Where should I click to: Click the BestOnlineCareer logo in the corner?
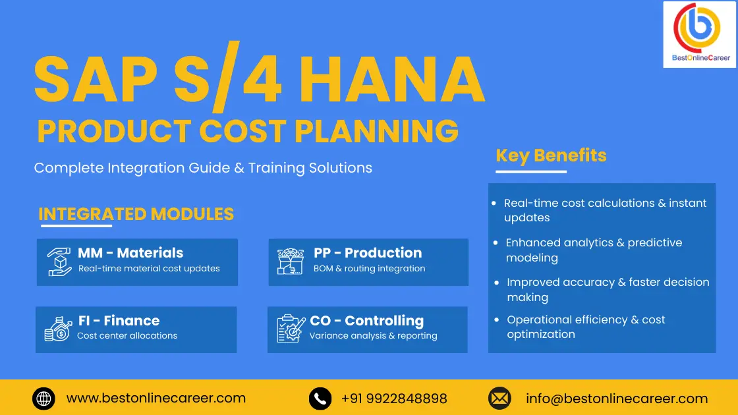click(x=700, y=34)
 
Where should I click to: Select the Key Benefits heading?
click(x=551, y=155)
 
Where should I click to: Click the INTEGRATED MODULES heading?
click(x=136, y=214)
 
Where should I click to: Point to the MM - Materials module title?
click(x=130, y=253)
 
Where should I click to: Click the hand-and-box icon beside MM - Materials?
click(x=59, y=262)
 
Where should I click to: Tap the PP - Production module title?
click(x=368, y=253)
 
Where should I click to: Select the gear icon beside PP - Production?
click(x=291, y=262)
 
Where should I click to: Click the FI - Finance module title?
click(x=119, y=321)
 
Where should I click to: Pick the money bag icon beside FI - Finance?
click(x=58, y=329)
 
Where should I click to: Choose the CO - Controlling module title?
click(x=366, y=321)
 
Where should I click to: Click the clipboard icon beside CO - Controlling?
click(x=291, y=329)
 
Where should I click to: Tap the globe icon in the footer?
click(x=43, y=399)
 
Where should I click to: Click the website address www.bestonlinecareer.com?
click(x=156, y=399)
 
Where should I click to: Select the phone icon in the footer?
click(x=320, y=399)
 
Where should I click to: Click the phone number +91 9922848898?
click(x=394, y=399)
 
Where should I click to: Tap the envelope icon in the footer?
click(x=499, y=399)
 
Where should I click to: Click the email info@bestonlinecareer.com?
click(x=617, y=399)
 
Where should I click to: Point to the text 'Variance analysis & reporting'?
click(x=373, y=336)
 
